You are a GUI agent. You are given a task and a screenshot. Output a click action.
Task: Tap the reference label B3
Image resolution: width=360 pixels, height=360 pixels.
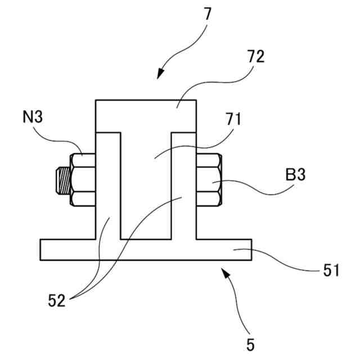coord(295,175)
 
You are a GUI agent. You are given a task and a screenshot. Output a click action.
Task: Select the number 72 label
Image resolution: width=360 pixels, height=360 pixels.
coord(255,57)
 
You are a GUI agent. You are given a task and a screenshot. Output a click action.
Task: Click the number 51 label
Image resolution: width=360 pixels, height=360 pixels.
coord(331,272)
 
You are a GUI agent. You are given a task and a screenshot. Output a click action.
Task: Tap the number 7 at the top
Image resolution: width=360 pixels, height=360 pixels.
coord(208,13)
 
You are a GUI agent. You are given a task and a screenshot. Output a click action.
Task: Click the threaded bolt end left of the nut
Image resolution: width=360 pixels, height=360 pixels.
coord(62,179)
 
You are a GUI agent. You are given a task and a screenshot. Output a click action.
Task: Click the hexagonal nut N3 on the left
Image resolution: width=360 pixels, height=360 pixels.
coord(83,179)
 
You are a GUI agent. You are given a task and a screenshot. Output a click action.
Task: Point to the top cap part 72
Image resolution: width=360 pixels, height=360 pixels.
coord(146,115)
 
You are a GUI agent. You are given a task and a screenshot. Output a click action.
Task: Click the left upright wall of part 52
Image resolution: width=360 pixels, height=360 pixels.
coord(108,186)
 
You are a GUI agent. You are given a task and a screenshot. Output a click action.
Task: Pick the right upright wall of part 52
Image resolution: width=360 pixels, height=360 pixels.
coord(183,186)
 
